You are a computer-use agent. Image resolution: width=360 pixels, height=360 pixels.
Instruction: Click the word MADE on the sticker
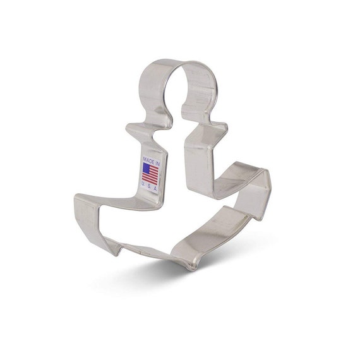click(149, 159)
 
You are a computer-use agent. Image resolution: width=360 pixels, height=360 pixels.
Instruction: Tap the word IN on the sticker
click(157, 163)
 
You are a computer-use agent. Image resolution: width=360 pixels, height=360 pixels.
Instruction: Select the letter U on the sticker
click(143, 183)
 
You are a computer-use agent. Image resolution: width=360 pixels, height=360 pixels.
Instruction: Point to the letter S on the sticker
click(149, 186)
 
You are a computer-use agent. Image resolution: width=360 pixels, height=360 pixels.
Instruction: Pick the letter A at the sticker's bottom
click(155, 189)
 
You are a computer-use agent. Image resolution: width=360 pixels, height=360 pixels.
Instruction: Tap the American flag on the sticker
click(150, 174)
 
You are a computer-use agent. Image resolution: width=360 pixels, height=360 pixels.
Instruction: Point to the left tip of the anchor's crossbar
click(127, 128)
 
